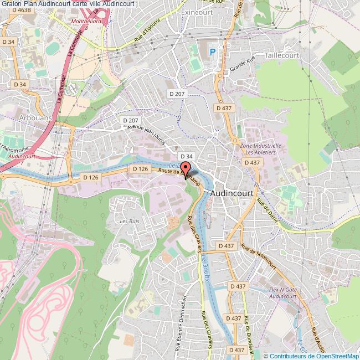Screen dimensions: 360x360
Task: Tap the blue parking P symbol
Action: click(213, 53)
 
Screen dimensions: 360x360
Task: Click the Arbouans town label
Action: click(35, 118)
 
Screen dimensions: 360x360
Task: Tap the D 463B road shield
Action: click(9, 11)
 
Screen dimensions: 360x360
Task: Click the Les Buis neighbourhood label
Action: click(129, 220)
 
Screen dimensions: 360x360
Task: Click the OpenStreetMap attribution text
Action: click(312, 356)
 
